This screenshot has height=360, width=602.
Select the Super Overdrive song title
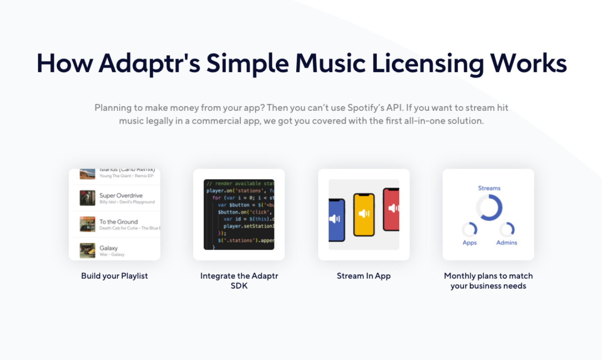pos(121,195)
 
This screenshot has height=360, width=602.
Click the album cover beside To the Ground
pos(87,224)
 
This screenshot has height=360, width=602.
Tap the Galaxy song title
pos(109,248)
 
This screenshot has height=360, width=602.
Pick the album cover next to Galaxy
pos(87,250)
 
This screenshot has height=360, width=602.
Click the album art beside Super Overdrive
pos(87,198)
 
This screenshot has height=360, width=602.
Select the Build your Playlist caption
pos(114,276)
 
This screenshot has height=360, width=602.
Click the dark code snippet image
pos(239,215)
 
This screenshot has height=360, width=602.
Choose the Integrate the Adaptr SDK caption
pos(239,281)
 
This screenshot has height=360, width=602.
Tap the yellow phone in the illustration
pos(364,215)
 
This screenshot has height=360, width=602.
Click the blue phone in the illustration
pos(337,218)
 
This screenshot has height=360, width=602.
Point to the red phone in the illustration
pos(392,209)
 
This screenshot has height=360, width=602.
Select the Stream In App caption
pos(364,276)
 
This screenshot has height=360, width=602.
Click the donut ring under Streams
pos(489,207)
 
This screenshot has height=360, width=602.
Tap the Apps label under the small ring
pos(470,243)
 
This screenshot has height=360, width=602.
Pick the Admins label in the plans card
pos(507,243)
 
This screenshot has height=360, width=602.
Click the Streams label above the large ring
pos(489,188)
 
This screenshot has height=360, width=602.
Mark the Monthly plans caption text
pos(488,281)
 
